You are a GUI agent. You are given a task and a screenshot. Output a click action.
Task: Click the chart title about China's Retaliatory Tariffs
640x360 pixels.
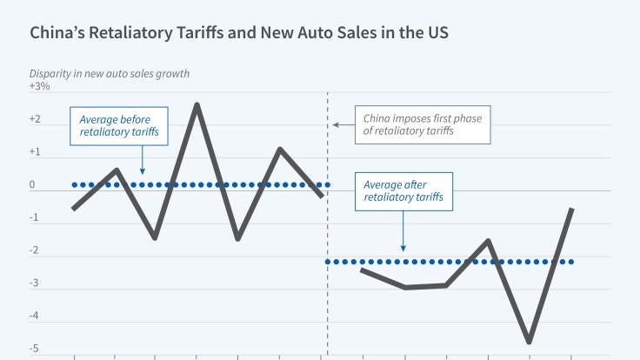pyautogui.click(x=239, y=34)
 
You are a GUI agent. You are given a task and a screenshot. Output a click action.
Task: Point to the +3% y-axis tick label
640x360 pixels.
pyautogui.click(x=40, y=87)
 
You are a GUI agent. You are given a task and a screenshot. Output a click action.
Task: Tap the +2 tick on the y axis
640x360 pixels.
pyautogui.click(x=36, y=119)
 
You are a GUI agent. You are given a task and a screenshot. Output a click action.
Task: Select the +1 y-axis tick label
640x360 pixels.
pyautogui.click(x=36, y=152)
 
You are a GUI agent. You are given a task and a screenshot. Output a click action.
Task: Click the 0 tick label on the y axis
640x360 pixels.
pyautogui.click(x=32, y=185)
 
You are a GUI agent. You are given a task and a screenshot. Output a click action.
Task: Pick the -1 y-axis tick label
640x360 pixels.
pyautogui.click(x=35, y=218)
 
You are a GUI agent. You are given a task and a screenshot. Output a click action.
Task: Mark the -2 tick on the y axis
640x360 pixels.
pyautogui.click(x=35, y=251)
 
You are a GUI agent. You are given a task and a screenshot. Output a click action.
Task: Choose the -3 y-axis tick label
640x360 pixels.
pyautogui.click(x=35, y=284)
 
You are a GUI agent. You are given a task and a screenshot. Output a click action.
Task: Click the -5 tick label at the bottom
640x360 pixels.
pyautogui.click(x=35, y=350)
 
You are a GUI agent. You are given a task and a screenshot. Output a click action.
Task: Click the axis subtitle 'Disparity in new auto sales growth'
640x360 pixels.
pyautogui.click(x=110, y=74)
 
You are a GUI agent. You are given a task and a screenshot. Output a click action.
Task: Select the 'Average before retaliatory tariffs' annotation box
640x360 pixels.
pyautogui.click(x=119, y=126)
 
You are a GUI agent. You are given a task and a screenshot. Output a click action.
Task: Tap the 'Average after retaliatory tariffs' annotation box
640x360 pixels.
pyautogui.click(x=403, y=191)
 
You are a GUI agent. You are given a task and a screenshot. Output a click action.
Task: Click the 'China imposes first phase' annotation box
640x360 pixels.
pyautogui.click(x=423, y=125)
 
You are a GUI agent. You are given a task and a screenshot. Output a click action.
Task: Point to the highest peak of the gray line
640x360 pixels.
pyautogui.click(x=197, y=104)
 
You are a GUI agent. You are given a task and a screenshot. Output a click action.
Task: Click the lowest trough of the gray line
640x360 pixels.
pyautogui.click(x=529, y=342)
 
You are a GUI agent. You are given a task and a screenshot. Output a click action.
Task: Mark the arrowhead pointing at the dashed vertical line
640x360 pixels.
pyautogui.click(x=336, y=125)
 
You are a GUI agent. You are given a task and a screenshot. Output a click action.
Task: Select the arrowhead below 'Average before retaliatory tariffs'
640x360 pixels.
pyautogui.click(x=142, y=171)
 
